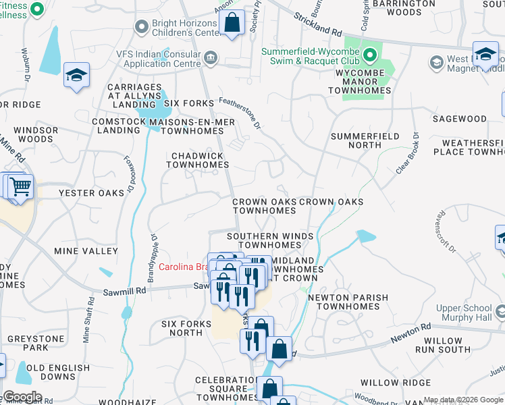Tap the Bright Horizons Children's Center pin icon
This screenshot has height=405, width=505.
[x=141, y=27]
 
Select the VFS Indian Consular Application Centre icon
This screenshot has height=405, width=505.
[x=211, y=58]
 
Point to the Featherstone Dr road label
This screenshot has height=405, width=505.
[x=240, y=111]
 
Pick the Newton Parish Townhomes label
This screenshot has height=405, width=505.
[x=348, y=302]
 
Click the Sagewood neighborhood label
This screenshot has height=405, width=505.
[x=460, y=119]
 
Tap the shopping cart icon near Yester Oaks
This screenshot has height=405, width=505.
[x=20, y=185]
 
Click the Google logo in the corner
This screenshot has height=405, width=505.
[x=22, y=397]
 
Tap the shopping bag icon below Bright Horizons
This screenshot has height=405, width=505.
[x=232, y=22]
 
